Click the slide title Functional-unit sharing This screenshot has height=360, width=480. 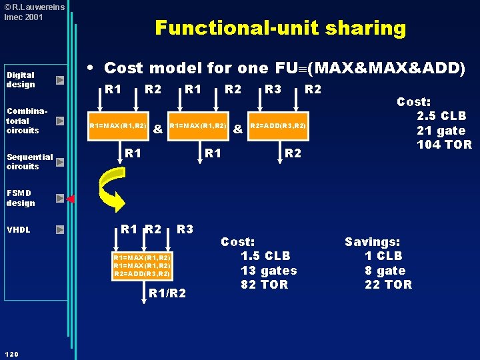click(x=281, y=28)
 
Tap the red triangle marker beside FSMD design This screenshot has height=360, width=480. click(x=71, y=199)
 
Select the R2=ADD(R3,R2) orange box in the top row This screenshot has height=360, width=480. click(x=278, y=126)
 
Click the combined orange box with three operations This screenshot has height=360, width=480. click(x=143, y=266)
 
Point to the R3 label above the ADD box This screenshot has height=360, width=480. click(x=273, y=89)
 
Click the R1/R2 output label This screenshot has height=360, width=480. click(x=167, y=293)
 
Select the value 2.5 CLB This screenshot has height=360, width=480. click(x=441, y=116)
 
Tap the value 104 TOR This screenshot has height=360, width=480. click(x=444, y=144)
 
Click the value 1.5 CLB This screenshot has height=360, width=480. click(x=265, y=256)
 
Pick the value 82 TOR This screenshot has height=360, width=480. click(x=264, y=285)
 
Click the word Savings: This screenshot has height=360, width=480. click(x=372, y=242)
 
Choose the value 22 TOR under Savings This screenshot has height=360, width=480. click(x=388, y=285)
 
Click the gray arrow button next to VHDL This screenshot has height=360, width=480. click(x=60, y=229)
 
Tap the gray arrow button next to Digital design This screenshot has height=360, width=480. click(x=60, y=80)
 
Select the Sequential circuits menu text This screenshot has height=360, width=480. click(x=30, y=161)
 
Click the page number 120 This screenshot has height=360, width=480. click(x=11, y=355)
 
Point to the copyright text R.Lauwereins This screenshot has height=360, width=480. click(x=35, y=7)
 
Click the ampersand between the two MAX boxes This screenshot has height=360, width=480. click(x=157, y=129)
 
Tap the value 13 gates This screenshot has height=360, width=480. click(x=269, y=271)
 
